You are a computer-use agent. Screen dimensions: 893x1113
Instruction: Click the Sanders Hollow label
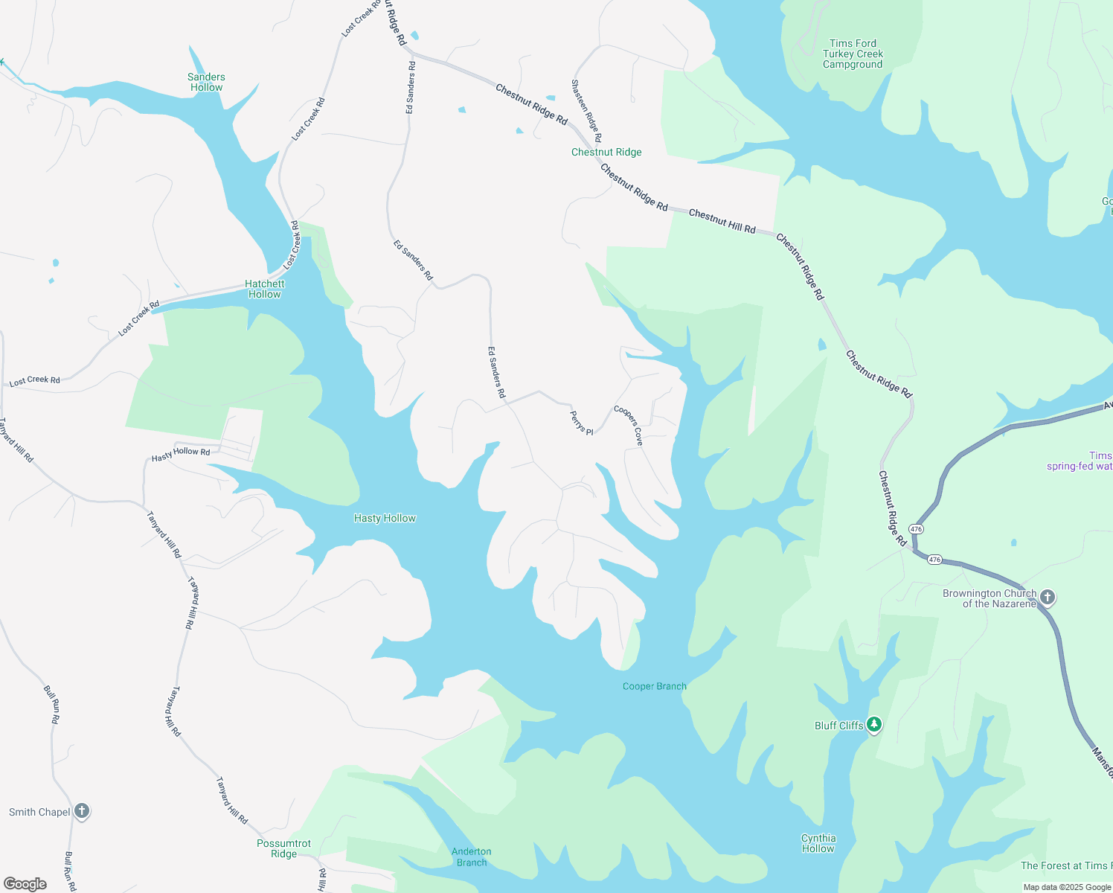(206, 82)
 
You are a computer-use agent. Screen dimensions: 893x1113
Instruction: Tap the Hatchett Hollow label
(265, 289)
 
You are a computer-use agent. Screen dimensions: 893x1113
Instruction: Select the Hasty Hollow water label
(385, 518)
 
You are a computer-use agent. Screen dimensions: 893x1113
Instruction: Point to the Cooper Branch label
(654, 686)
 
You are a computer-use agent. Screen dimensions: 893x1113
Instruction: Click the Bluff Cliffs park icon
(874, 725)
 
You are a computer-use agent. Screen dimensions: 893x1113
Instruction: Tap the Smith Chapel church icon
(82, 811)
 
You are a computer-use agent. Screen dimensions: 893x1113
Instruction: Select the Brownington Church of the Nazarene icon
(1048, 597)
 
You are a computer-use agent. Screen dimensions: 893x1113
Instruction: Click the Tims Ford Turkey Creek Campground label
(853, 54)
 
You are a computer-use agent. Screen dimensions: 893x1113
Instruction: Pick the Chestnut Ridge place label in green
(606, 152)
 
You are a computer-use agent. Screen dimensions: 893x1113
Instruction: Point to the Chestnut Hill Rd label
(722, 221)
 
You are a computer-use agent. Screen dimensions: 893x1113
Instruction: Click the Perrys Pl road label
(582, 423)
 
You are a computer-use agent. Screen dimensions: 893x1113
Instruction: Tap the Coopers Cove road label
(629, 425)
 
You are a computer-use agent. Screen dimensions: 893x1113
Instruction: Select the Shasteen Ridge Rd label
(586, 111)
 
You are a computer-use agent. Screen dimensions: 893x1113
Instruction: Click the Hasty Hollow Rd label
(181, 454)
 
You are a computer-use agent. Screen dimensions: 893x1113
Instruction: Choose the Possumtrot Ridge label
(283, 848)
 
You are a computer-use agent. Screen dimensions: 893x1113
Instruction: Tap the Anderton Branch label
(471, 857)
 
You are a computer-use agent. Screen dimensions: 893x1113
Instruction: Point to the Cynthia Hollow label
(818, 843)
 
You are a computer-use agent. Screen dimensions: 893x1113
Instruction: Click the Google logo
(25, 884)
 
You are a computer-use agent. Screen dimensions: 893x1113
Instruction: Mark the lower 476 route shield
(935, 560)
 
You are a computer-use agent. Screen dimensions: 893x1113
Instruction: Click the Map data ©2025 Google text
(1066, 887)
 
